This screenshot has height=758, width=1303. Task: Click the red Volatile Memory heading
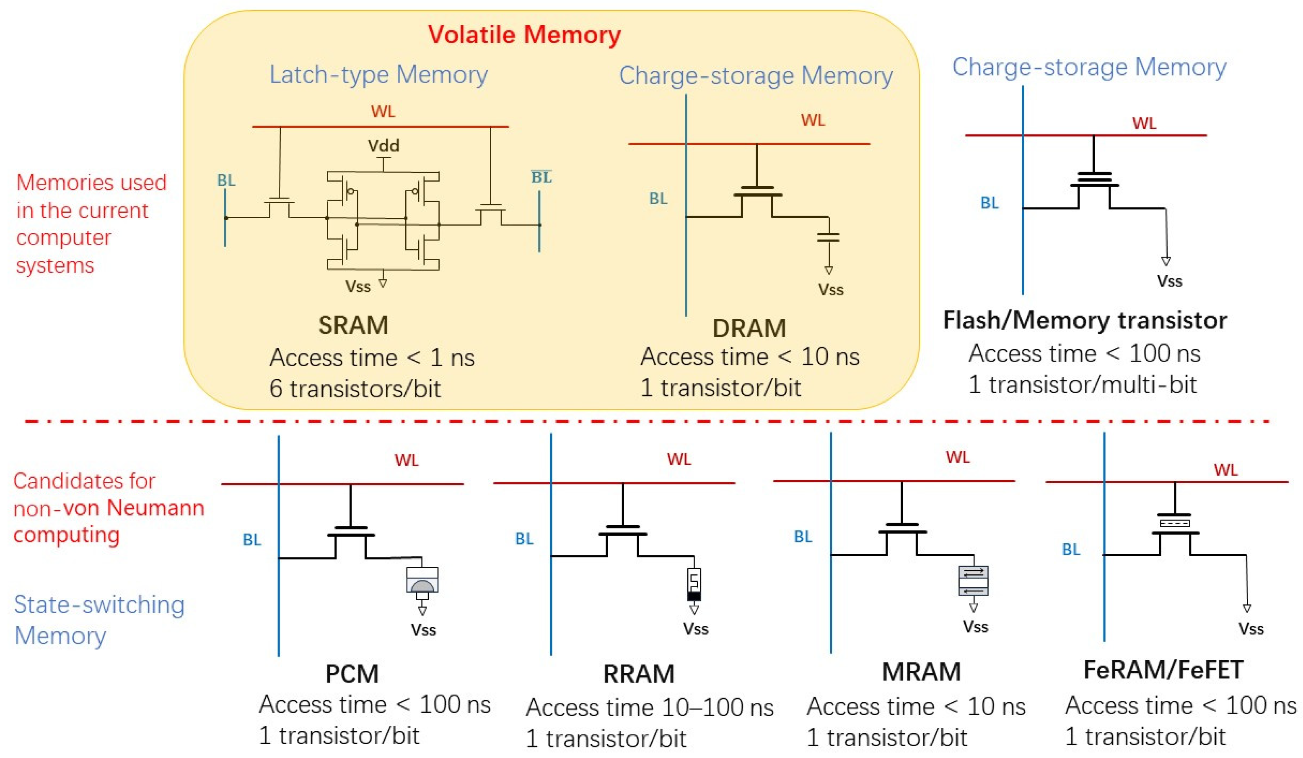tap(524, 35)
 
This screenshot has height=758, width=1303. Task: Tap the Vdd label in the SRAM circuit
tap(383, 146)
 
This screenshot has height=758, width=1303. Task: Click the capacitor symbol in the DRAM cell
tap(828, 237)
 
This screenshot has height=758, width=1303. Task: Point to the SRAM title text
tap(353, 326)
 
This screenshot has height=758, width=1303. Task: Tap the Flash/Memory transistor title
tap(1084, 320)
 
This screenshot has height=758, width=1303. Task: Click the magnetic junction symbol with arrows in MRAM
tap(973, 581)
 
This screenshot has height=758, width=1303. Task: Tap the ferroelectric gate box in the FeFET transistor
tap(1174, 523)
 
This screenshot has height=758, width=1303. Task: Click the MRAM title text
tap(921, 672)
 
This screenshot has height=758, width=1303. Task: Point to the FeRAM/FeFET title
tap(1163, 670)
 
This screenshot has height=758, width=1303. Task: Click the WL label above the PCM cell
tap(407, 460)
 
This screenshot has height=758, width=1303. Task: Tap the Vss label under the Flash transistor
tap(1169, 281)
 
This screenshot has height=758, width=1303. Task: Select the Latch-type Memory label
tap(378, 75)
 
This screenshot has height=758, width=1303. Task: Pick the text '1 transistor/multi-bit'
tap(1082, 384)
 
